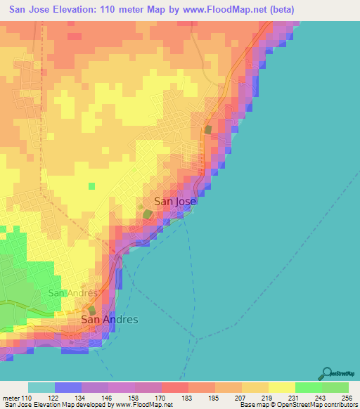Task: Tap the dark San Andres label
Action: coord(110,319)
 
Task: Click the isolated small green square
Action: coord(91,186)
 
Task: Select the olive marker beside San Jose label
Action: coord(148,214)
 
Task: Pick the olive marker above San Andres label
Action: coord(91,310)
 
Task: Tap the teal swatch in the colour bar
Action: coord(41,387)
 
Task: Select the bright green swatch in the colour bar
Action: coord(309,387)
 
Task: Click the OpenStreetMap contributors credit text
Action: coord(316,405)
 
